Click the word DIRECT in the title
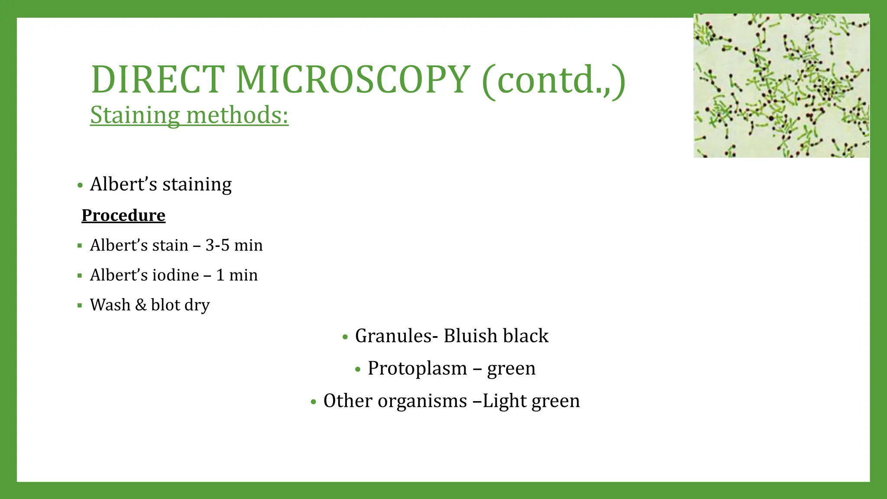tap(158, 80)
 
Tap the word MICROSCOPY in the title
tap(353, 80)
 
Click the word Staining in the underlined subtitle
tap(135, 116)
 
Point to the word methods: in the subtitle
tap(237, 116)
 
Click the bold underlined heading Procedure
tap(123, 215)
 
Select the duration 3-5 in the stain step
tap(217, 245)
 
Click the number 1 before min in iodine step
tap(220, 275)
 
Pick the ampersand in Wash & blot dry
tap(141, 305)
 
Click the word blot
tap(165, 305)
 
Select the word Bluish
tap(470, 336)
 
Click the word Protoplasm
tap(417, 368)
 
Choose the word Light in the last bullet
tap(504, 401)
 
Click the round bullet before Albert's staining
tap(80, 185)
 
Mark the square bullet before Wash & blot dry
tap(80, 305)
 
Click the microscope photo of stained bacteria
tap(781, 86)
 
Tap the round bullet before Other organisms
tap(314, 402)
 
